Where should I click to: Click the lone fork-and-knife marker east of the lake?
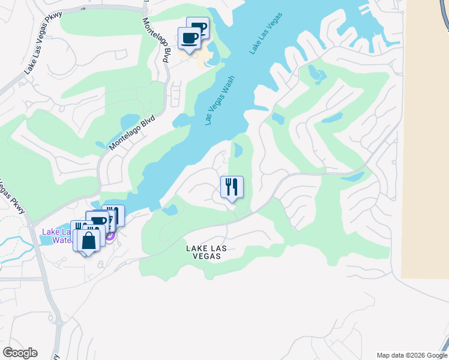click(231, 187)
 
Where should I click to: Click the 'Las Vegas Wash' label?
click(219, 100)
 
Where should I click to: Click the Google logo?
click(20, 353)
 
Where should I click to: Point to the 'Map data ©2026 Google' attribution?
click(412, 355)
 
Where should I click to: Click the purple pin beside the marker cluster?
click(110, 236)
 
